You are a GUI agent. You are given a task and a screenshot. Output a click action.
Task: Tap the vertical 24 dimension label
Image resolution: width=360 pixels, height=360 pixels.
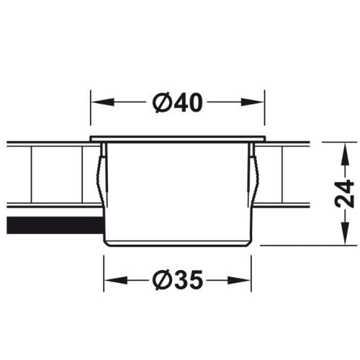[x=346, y=192]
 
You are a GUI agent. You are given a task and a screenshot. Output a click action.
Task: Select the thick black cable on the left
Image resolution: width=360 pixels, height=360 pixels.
[x=50, y=225]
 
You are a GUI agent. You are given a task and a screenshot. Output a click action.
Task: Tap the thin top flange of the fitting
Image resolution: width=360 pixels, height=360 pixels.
[x=178, y=138]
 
